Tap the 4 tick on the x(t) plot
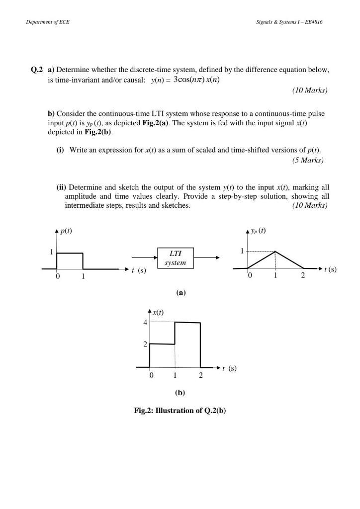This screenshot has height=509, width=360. (x=145, y=323)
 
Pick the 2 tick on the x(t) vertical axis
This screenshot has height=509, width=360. (x=145, y=344)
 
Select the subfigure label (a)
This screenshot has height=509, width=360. (x=180, y=293)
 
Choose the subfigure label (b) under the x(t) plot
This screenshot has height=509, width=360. (x=180, y=392)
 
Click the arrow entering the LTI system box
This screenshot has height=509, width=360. (x=144, y=257)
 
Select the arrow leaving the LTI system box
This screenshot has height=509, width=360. (x=207, y=257)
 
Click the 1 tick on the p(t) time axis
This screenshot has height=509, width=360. (x=83, y=276)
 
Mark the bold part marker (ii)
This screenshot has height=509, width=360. (x=61, y=187)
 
